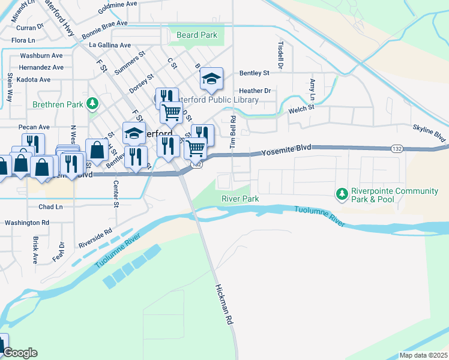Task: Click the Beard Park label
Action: point(197,35)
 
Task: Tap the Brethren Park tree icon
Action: point(92,104)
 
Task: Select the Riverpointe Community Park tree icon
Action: point(342,193)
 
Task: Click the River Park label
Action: point(240,199)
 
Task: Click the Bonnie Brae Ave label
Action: point(105,23)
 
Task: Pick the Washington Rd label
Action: point(27,223)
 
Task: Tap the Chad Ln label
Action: point(50,207)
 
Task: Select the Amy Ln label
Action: point(312,89)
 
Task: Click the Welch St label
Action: point(301,108)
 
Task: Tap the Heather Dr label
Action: point(259,91)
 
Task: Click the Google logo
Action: point(20,353)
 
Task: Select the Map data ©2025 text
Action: point(423,355)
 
